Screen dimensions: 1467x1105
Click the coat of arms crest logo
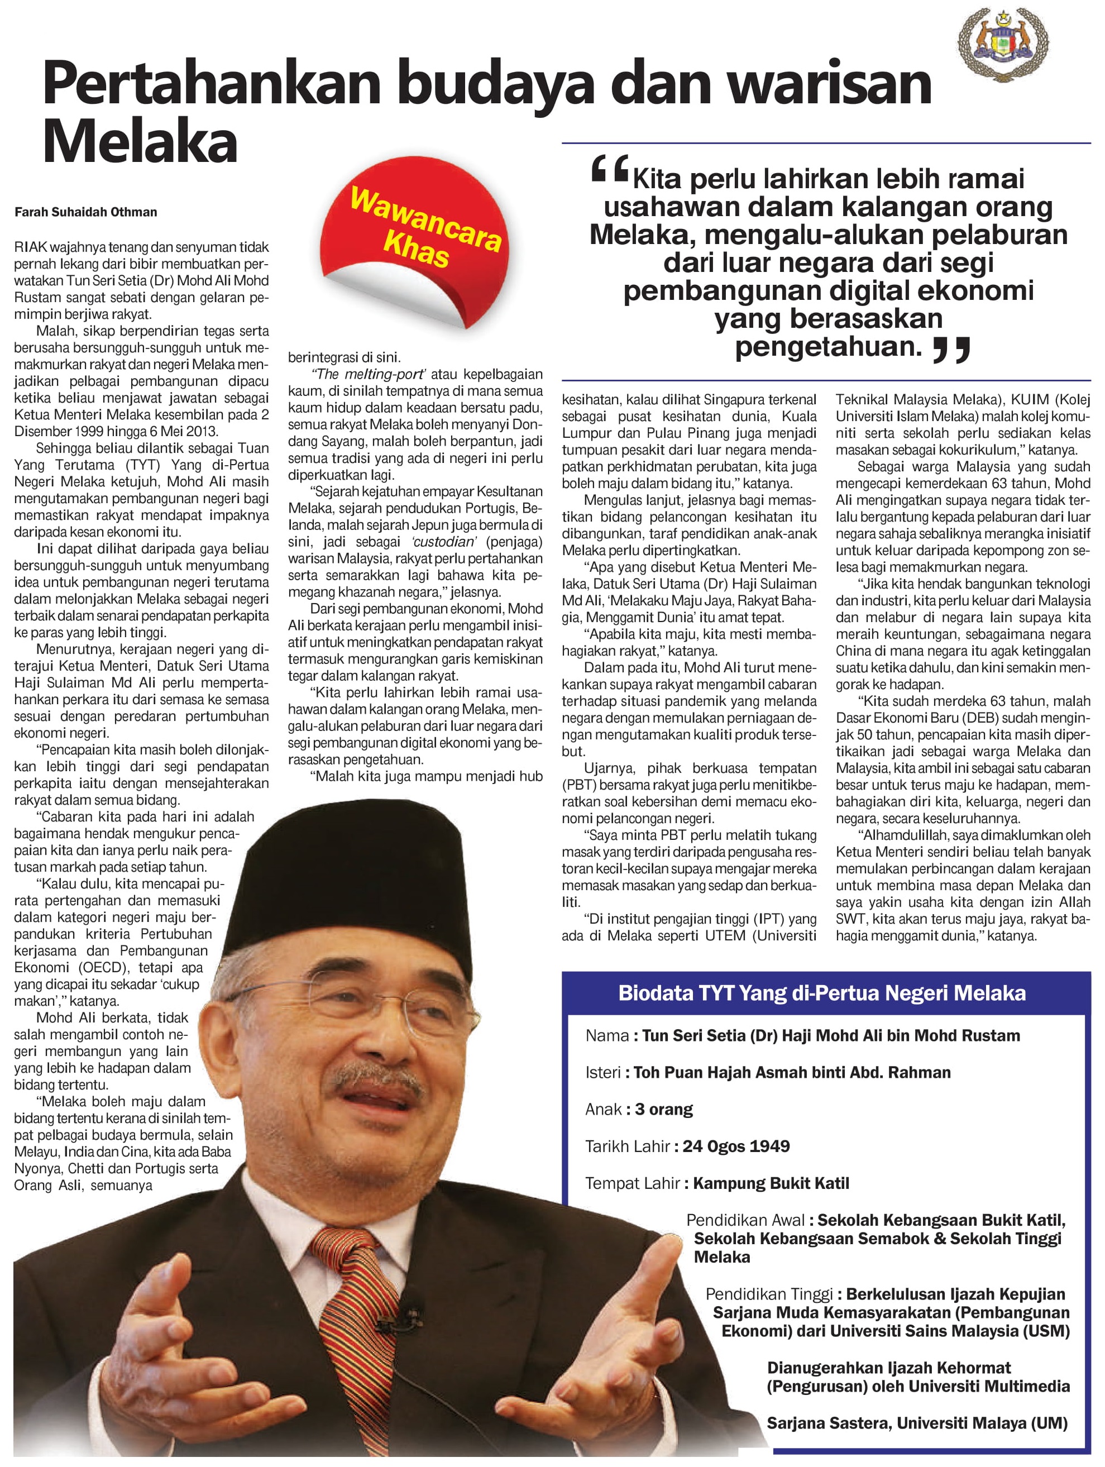point(1003,44)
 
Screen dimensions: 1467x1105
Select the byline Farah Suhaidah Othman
point(85,212)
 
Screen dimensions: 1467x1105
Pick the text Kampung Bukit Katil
point(771,1183)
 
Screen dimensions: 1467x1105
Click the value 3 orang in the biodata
point(664,1110)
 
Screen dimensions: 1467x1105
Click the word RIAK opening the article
point(31,247)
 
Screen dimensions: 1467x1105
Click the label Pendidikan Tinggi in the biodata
point(769,1294)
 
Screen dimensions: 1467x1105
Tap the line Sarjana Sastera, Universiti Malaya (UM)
point(917,1422)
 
